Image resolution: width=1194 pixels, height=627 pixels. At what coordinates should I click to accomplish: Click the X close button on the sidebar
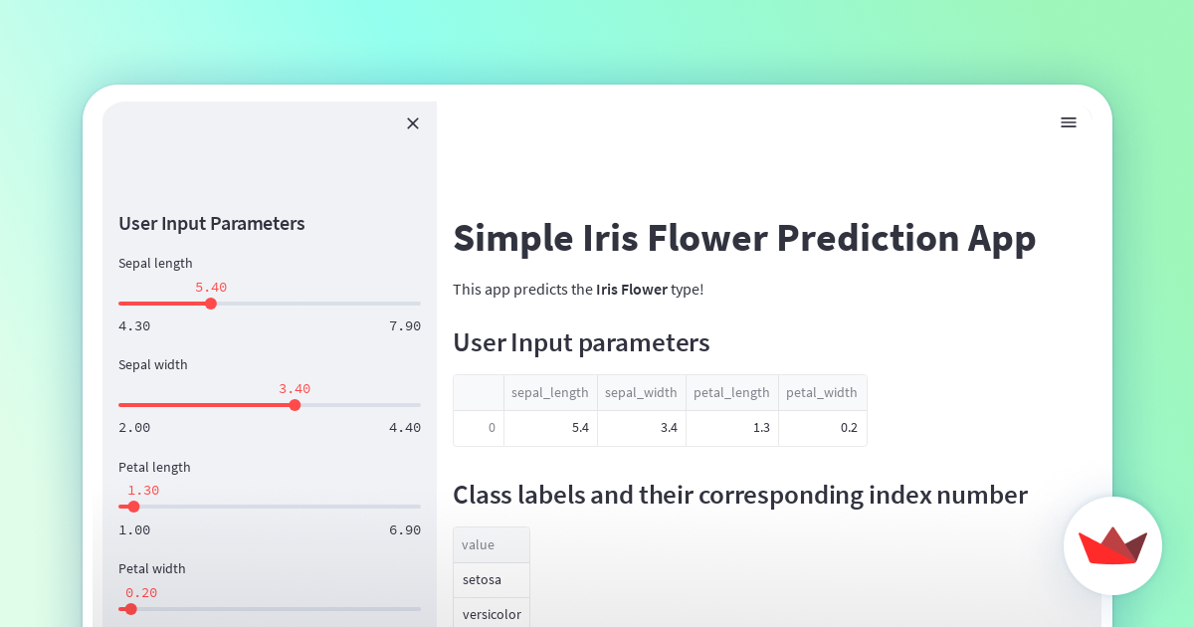point(413,123)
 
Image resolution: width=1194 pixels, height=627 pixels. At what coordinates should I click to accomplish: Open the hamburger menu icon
point(1069,122)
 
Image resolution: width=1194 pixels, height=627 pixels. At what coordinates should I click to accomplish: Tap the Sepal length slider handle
point(211,304)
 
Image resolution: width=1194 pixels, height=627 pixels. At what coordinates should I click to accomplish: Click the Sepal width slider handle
point(295,405)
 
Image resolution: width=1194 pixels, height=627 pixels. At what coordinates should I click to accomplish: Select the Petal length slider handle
point(133,507)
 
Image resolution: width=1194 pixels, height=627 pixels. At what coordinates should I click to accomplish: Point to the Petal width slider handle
point(130,609)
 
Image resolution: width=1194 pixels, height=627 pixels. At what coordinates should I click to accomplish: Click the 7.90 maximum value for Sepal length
point(405,326)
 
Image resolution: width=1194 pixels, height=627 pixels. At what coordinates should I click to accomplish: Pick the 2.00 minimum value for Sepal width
point(134,428)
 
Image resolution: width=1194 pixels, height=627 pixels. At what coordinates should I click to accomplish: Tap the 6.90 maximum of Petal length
point(405,530)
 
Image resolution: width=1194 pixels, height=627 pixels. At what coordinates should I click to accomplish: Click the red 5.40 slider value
point(211,288)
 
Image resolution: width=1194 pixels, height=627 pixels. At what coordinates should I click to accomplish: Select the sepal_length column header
point(550,393)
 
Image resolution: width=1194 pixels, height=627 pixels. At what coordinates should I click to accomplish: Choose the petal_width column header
point(822,393)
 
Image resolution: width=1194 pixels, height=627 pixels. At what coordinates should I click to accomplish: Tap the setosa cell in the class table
point(483,580)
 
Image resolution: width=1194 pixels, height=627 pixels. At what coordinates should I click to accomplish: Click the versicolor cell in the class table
point(492,614)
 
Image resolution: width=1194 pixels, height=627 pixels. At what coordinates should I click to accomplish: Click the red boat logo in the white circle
point(1112,545)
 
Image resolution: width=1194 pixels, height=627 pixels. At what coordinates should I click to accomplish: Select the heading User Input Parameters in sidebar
point(212,224)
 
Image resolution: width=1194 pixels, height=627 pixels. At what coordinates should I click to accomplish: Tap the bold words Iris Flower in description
point(632,290)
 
